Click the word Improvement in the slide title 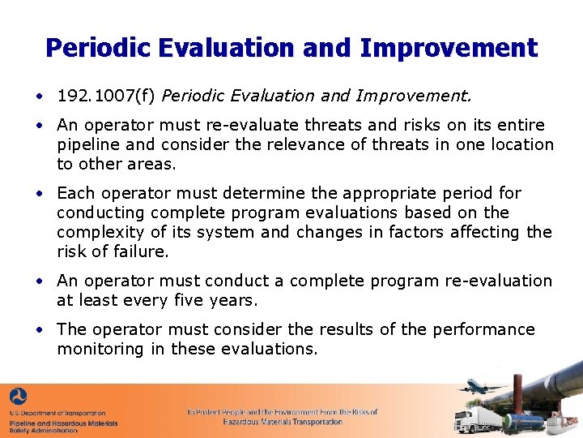pos(448,48)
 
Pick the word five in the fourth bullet pos(186,300)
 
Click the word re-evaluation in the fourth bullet pos(498,281)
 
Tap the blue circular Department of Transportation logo pos(18,397)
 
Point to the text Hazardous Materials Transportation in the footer pos(283,422)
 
